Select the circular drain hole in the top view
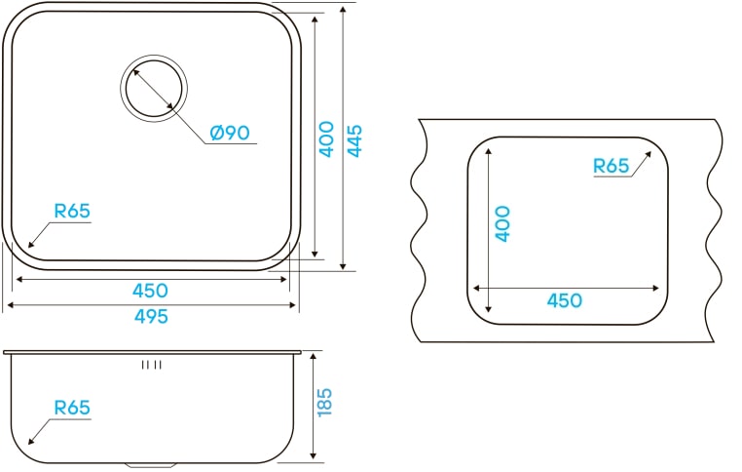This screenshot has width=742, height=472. pyautogui.click(x=153, y=86)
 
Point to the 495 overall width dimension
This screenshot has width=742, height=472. pyautogui.click(x=151, y=316)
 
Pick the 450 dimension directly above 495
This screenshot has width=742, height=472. pyautogui.click(x=151, y=291)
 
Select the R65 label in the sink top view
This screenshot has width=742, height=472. pyautogui.click(x=72, y=210)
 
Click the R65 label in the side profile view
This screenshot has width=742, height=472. pyautogui.click(x=72, y=409)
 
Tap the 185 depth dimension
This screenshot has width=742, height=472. pyautogui.click(x=325, y=403)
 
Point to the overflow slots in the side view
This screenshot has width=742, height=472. pyautogui.click(x=151, y=366)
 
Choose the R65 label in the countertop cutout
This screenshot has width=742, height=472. pyautogui.click(x=612, y=166)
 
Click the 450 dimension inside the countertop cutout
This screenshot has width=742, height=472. pyautogui.click(x=564, y=300)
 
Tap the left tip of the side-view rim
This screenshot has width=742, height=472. pyautogui.click(x=5, y=350)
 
